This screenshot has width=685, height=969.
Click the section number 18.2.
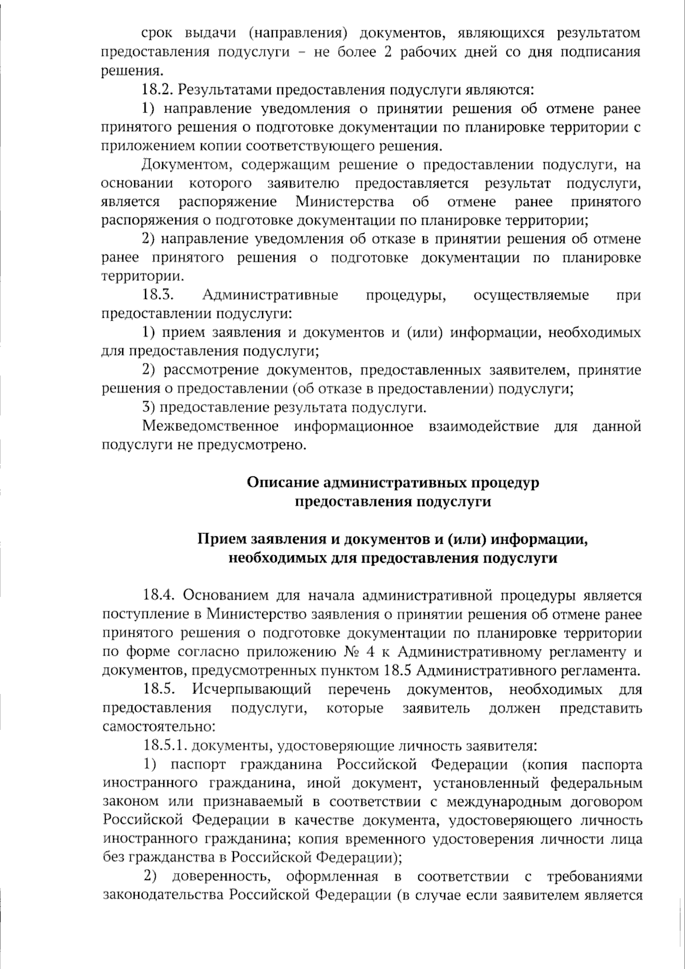point(157,90)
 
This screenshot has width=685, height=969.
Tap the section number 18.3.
point(157,295)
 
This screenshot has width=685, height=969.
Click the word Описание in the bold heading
point(283,482)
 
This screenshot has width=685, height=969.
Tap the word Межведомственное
point(210,426)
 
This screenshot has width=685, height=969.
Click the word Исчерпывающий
point(252,689)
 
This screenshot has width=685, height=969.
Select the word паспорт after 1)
point(198,764)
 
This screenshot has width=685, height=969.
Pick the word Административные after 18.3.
point(270,295)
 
